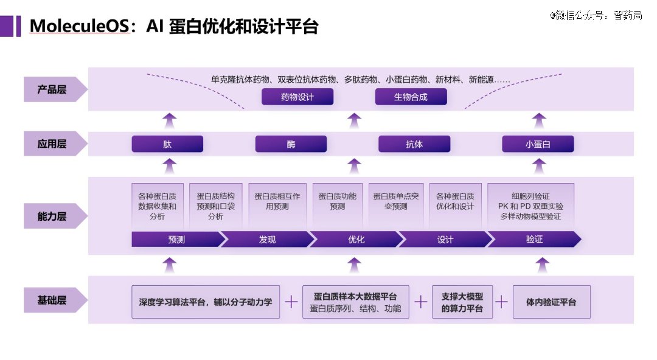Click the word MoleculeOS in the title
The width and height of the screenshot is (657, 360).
point(79,26)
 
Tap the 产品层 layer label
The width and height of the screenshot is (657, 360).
point(52,89)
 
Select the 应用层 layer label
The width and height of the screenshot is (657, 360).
point(52,145)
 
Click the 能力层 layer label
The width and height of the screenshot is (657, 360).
point(52,216)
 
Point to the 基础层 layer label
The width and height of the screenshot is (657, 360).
point(52,300)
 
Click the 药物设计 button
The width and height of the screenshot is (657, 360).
point(297,97)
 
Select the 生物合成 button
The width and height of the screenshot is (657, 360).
point(411,97)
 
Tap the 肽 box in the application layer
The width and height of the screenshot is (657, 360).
point(167,144)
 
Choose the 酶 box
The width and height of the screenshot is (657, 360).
point(291,144)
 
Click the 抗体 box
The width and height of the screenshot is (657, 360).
point(414,144)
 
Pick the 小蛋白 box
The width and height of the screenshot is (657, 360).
point(538,144)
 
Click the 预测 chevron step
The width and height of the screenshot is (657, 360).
point(176,240)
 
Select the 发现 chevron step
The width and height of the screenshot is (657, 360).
point(266,240)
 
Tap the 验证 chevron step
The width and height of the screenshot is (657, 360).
point(534,240)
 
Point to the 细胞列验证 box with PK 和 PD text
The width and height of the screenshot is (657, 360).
point(530,206)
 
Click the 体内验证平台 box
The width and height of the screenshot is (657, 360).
point(551,302)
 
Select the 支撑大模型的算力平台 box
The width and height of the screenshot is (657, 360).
point(462,302)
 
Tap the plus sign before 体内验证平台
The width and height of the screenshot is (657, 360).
point(502,302)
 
